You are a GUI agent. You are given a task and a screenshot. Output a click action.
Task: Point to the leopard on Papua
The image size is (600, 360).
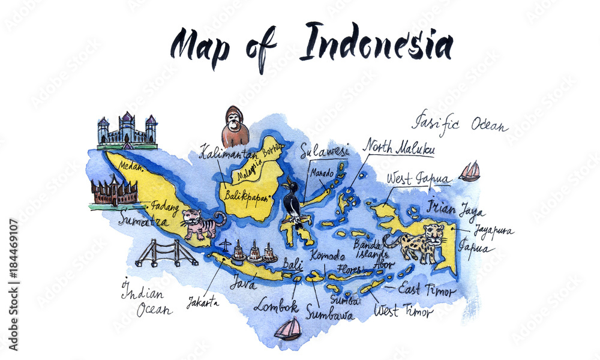point(419,242)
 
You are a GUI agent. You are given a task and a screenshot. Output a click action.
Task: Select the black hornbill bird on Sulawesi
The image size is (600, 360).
point(293,202)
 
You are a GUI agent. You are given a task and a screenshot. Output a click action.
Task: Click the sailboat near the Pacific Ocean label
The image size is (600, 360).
point(470,172)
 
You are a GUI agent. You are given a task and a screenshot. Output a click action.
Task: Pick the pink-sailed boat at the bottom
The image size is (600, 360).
point(289,329)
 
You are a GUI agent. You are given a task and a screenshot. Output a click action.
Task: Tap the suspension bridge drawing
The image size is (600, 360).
point(166,253)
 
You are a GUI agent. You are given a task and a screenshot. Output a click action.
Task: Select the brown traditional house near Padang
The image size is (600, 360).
point(114,192)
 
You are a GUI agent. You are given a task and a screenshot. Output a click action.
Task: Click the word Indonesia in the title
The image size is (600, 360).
point(376,44)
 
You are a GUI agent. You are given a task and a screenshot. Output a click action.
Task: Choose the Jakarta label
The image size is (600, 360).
point(202,302)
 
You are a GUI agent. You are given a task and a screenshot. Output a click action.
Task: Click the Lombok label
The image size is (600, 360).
point(275,306)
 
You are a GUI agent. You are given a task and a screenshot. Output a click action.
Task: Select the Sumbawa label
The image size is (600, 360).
point(329,312)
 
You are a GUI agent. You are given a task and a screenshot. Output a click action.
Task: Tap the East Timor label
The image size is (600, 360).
point(427,289)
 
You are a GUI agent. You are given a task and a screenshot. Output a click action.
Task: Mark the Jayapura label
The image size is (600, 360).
point(493,230)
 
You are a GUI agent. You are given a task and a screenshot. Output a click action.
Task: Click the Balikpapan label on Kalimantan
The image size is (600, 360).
point(245,195)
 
